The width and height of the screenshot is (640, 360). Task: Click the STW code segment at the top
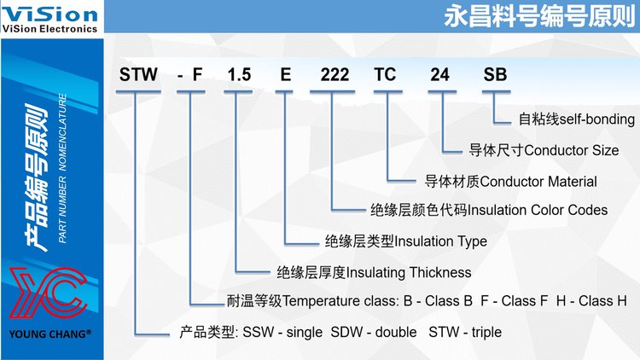point(138,75)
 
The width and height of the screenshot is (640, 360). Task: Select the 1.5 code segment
point(239,75)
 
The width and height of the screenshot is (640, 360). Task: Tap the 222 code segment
point(335,75)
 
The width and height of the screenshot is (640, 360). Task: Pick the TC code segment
point(385,75)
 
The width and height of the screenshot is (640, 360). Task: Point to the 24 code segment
point(440,75)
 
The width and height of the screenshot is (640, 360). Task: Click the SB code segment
point(495,75)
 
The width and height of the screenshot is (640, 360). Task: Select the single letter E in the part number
point(285,75)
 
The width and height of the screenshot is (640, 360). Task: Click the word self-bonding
point(597,119)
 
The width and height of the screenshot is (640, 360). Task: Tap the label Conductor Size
point(572,150)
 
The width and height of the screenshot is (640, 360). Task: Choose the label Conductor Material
point(538,181)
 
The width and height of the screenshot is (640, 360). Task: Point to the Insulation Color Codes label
point(537,210)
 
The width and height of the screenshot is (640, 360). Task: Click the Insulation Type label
point(441,241)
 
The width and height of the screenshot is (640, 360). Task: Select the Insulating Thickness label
point(409,272)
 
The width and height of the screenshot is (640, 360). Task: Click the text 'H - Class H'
point(591,301)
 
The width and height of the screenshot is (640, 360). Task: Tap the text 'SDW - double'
point(374,332)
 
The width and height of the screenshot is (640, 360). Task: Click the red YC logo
point(49,293)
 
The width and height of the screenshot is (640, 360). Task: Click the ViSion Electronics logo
point(49,18)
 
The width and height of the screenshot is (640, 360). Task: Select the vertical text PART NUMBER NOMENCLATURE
point(62,168)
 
